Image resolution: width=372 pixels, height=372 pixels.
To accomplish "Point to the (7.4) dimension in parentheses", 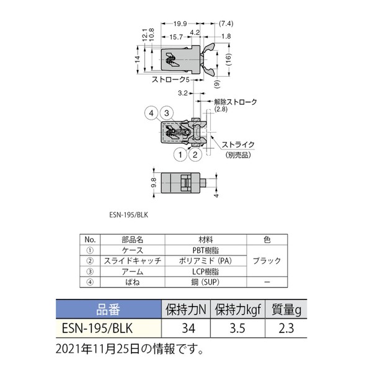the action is click(x=226, y=24).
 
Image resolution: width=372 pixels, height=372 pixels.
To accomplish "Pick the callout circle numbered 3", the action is click(x=166, y=113).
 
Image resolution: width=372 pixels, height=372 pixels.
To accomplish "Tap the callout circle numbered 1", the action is click(x=179, y=154).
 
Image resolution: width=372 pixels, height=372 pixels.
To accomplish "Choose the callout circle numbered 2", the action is click(x=194, y=154).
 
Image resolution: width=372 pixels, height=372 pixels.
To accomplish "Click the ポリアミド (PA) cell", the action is click(x=205, y=261).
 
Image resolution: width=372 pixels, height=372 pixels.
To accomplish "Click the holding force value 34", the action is click(x=187, y=329).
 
